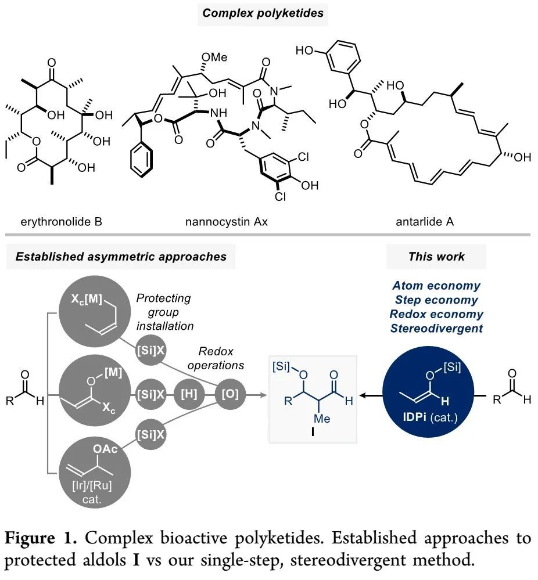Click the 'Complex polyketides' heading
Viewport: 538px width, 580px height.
coord(263,12)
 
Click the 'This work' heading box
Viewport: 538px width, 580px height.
coord(436,256)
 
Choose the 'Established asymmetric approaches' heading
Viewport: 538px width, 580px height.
coord(120,256)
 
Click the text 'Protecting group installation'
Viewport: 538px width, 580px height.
coord(164,312)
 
